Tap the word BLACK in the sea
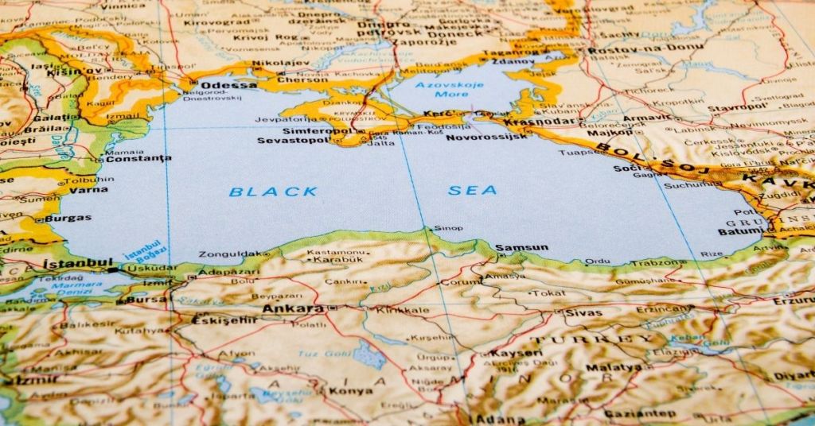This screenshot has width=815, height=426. pyautogui.click(x=273, y=192)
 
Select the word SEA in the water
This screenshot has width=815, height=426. pyautogui.click(x=473, y=190)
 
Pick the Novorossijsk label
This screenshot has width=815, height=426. pyautogui.click(x=486, y=137)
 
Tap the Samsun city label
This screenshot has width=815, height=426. pyautogui.click(x=521, y=248)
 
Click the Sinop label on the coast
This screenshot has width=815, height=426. pyautogui.click(x=448, y=228)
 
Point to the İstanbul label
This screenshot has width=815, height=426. pyautogui.click(x=77, y=263)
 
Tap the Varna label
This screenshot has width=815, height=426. pyautogui.click(x=88, y=190)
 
